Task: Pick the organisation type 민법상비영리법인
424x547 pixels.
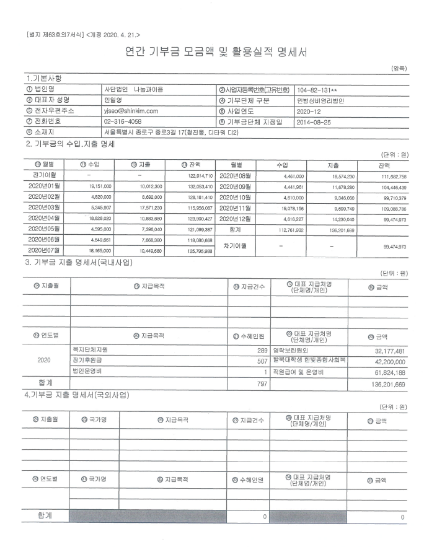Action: (325, 99)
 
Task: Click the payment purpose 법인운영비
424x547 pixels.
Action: (87, 372)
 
